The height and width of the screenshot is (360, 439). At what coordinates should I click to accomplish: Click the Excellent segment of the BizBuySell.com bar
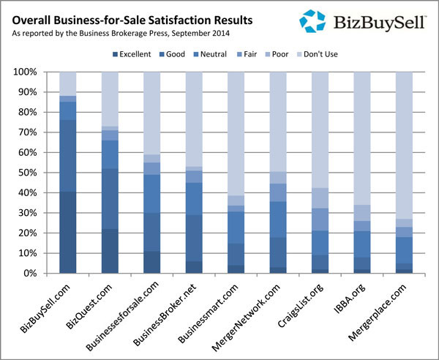(x=67, y=232)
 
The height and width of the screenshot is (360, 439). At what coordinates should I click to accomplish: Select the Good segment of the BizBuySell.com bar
(x=67, y=155)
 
